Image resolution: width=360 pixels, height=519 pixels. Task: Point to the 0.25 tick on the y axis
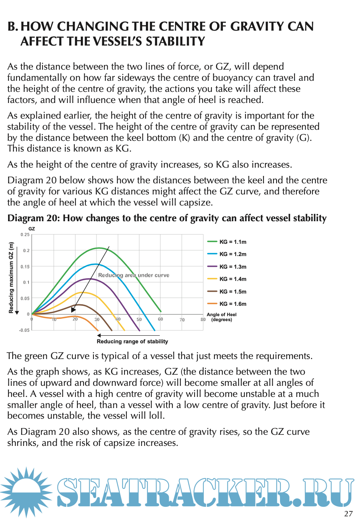tap(25, 235)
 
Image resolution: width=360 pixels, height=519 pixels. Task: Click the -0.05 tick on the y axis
tap(24, 330)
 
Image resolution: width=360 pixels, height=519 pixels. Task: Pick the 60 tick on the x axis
tap(160, 319)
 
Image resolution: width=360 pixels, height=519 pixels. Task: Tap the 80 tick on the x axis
tap(203, 319)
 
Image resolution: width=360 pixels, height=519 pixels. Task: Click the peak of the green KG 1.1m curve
tap(99, 248)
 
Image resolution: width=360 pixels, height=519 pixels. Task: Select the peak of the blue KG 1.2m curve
tap(95, 264)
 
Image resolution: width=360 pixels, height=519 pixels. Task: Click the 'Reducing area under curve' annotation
tap(134, 275)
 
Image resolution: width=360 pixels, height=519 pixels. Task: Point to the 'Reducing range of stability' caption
tap(132, 341)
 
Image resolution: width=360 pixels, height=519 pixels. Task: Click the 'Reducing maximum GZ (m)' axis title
tap(11, 277)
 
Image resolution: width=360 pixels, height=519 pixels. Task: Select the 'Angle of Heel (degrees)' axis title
tap(221, 317)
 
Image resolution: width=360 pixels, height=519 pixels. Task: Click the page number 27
tap(348, 514)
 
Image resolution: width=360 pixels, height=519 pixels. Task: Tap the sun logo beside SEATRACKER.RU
tap(26, 492)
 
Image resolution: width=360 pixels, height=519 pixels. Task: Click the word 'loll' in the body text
tap(155, 416)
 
